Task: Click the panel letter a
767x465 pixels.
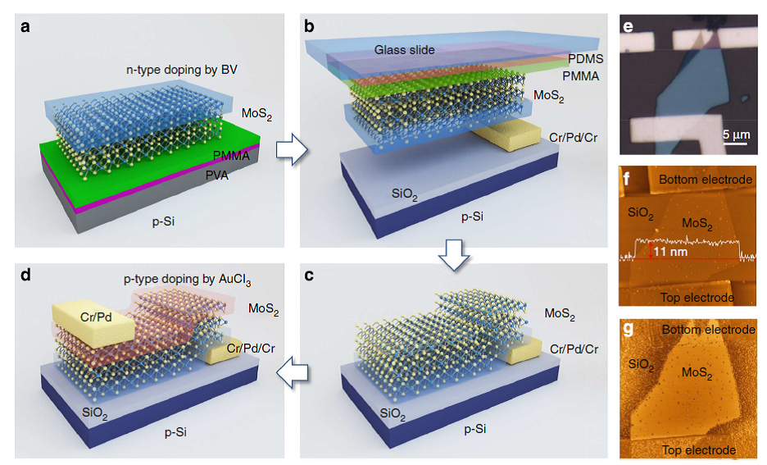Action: (x=26, y=26)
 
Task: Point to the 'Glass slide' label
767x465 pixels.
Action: (x=405, y=50)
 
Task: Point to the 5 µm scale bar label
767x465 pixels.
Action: (x=736, y=134)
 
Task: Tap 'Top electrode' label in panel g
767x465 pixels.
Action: (x=698, y=450)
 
